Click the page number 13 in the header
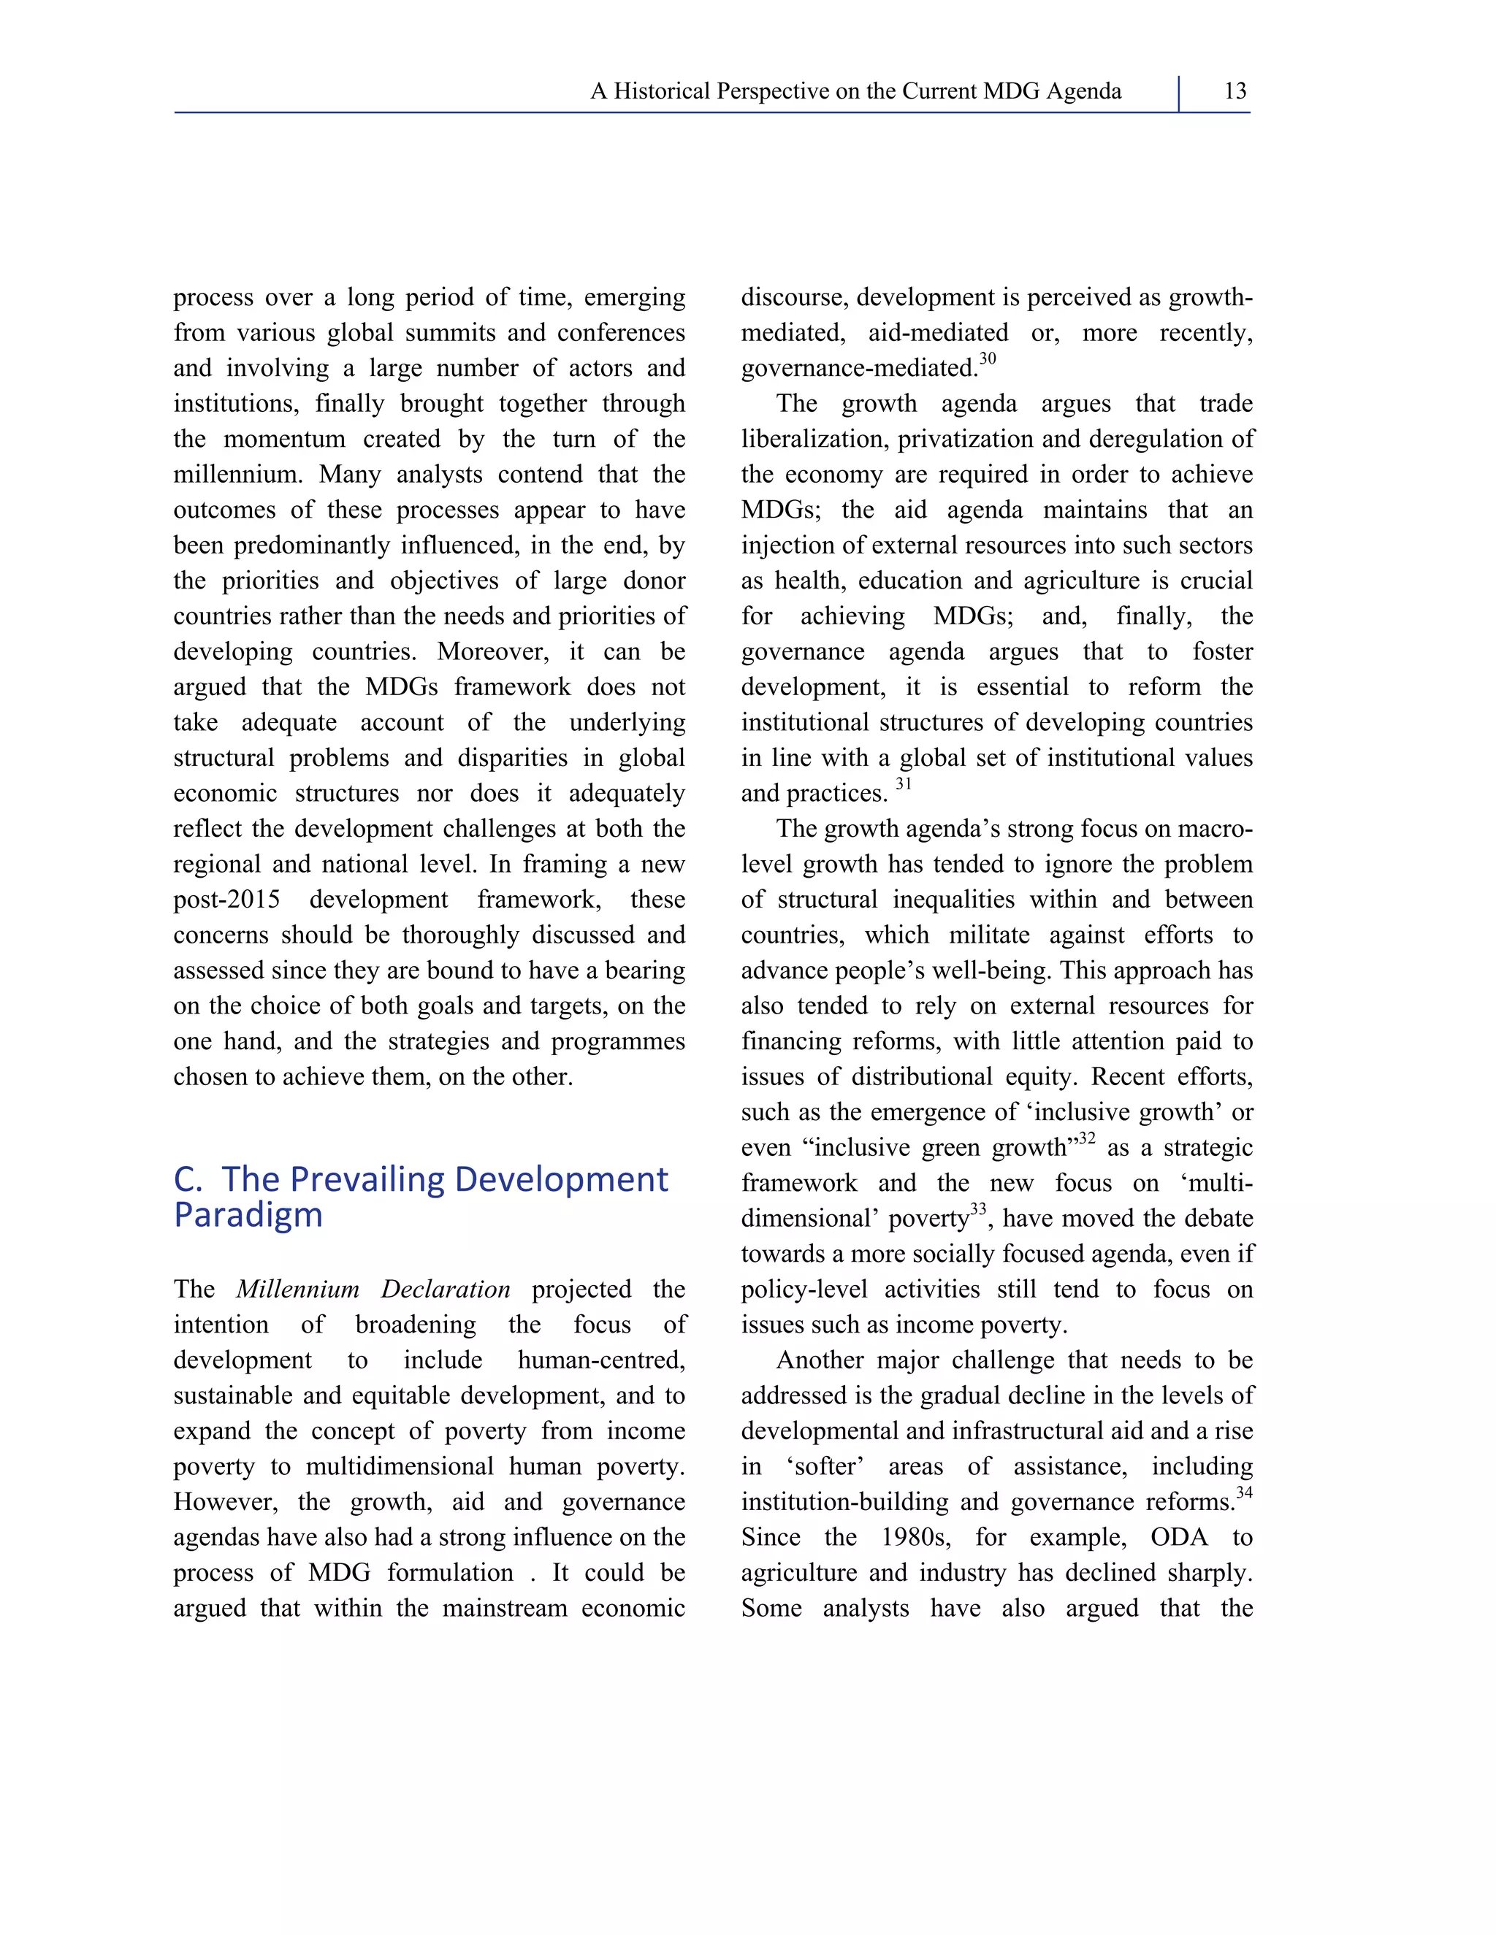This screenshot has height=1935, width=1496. click(1234, 91)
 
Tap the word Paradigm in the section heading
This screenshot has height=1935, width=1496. click(248, 1215)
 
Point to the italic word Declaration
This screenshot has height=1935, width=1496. click(445, 1289)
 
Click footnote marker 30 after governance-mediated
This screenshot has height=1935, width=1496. click(988, 359)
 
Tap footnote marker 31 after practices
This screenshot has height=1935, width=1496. click(903, 784)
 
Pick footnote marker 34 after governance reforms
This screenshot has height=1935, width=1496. click(1244, 1493)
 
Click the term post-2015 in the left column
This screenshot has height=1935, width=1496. click(227, 900)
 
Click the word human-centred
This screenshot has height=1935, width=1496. click(601, 1360)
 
